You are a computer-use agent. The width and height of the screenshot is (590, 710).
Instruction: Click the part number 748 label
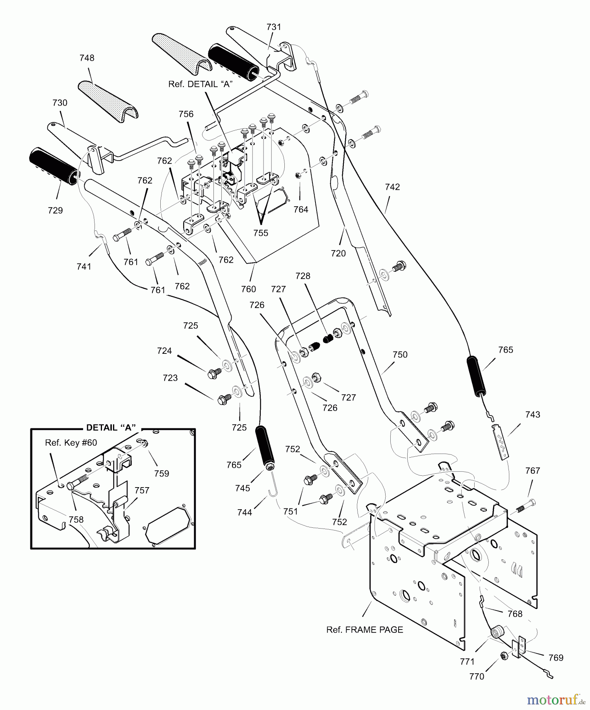(87, 58)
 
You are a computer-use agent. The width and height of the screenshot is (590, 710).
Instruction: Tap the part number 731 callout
(274, 27)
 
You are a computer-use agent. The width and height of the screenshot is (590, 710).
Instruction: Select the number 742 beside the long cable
(392, 187)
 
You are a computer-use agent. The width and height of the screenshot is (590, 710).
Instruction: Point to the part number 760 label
(248, 289)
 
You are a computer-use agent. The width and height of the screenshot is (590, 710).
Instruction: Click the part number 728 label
(302, 276)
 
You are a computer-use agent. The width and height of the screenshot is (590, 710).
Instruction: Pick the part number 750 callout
(400, 355)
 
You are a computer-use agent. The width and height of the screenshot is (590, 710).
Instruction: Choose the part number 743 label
(532, 415)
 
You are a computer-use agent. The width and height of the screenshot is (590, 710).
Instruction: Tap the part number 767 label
(532, 471)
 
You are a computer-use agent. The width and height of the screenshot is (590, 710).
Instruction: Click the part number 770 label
(477, 676)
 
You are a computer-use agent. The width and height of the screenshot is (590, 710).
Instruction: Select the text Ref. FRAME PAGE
(365, 630)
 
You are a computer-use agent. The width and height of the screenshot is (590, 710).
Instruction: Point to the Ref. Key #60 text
(71, 443)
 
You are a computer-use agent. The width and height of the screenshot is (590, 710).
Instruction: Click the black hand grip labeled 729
(54, 165)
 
